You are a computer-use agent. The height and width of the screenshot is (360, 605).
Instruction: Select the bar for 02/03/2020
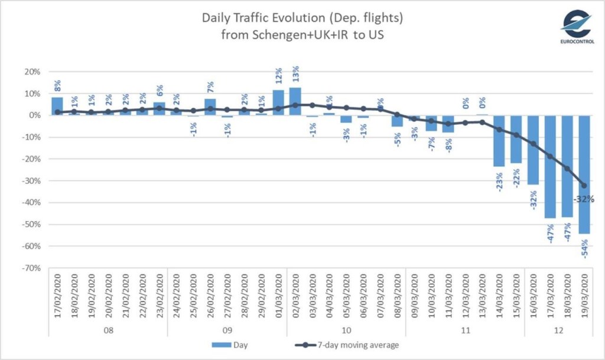coord(295,101)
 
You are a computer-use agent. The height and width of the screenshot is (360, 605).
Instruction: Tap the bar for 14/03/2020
coord(499,141)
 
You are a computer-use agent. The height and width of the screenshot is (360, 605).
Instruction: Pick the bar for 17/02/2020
coord(57,106)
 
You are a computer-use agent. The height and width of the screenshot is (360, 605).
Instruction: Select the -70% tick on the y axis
coord(31,268)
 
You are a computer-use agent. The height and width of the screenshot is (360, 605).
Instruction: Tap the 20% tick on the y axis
coord(32,72)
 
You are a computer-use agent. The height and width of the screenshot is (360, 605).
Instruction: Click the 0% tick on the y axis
coord(35,115)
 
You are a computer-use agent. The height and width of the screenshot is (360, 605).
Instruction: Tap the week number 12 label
coord(559,329)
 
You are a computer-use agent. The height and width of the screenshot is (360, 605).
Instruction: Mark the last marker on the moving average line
coord(585,185)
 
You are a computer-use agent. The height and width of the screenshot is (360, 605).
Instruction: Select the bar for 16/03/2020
coord(534,150)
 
